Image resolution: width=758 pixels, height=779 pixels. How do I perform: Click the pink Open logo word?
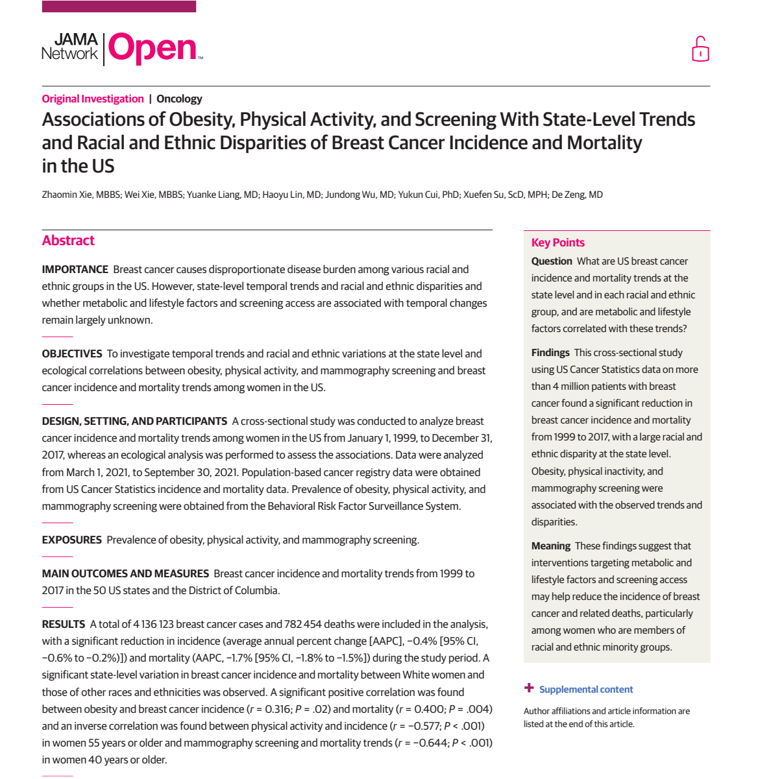point(153,49)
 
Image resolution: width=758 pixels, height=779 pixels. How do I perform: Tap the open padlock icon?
point(700,49)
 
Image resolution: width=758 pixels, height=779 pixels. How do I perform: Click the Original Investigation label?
point(93,99)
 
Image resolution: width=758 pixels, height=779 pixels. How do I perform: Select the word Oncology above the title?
point(179,99)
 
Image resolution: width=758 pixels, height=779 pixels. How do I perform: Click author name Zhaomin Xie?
point(67,195)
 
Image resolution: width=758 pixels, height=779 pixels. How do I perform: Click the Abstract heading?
point(68,241)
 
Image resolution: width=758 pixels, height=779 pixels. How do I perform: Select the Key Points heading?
point(558,243)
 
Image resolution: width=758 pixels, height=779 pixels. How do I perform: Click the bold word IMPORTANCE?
point(75,269)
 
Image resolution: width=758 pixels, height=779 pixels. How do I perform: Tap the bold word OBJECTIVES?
point(72,354)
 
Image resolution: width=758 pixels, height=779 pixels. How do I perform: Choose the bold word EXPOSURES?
point(72,540)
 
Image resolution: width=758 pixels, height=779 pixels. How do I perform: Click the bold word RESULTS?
point(64,624)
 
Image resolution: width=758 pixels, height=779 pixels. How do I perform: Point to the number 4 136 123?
point(153,624)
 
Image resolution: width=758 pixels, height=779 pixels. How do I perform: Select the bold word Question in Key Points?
point(552,261)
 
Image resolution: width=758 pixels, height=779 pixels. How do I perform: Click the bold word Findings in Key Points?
point(550,352)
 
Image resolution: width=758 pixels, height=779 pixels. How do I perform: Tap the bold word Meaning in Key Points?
point(551,545)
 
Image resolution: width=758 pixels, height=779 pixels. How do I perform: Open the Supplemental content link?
point(586,689)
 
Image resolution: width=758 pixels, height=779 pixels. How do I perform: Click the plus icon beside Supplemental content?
point(530,688)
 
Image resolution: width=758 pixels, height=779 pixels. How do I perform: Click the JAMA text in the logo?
point(76,40)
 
